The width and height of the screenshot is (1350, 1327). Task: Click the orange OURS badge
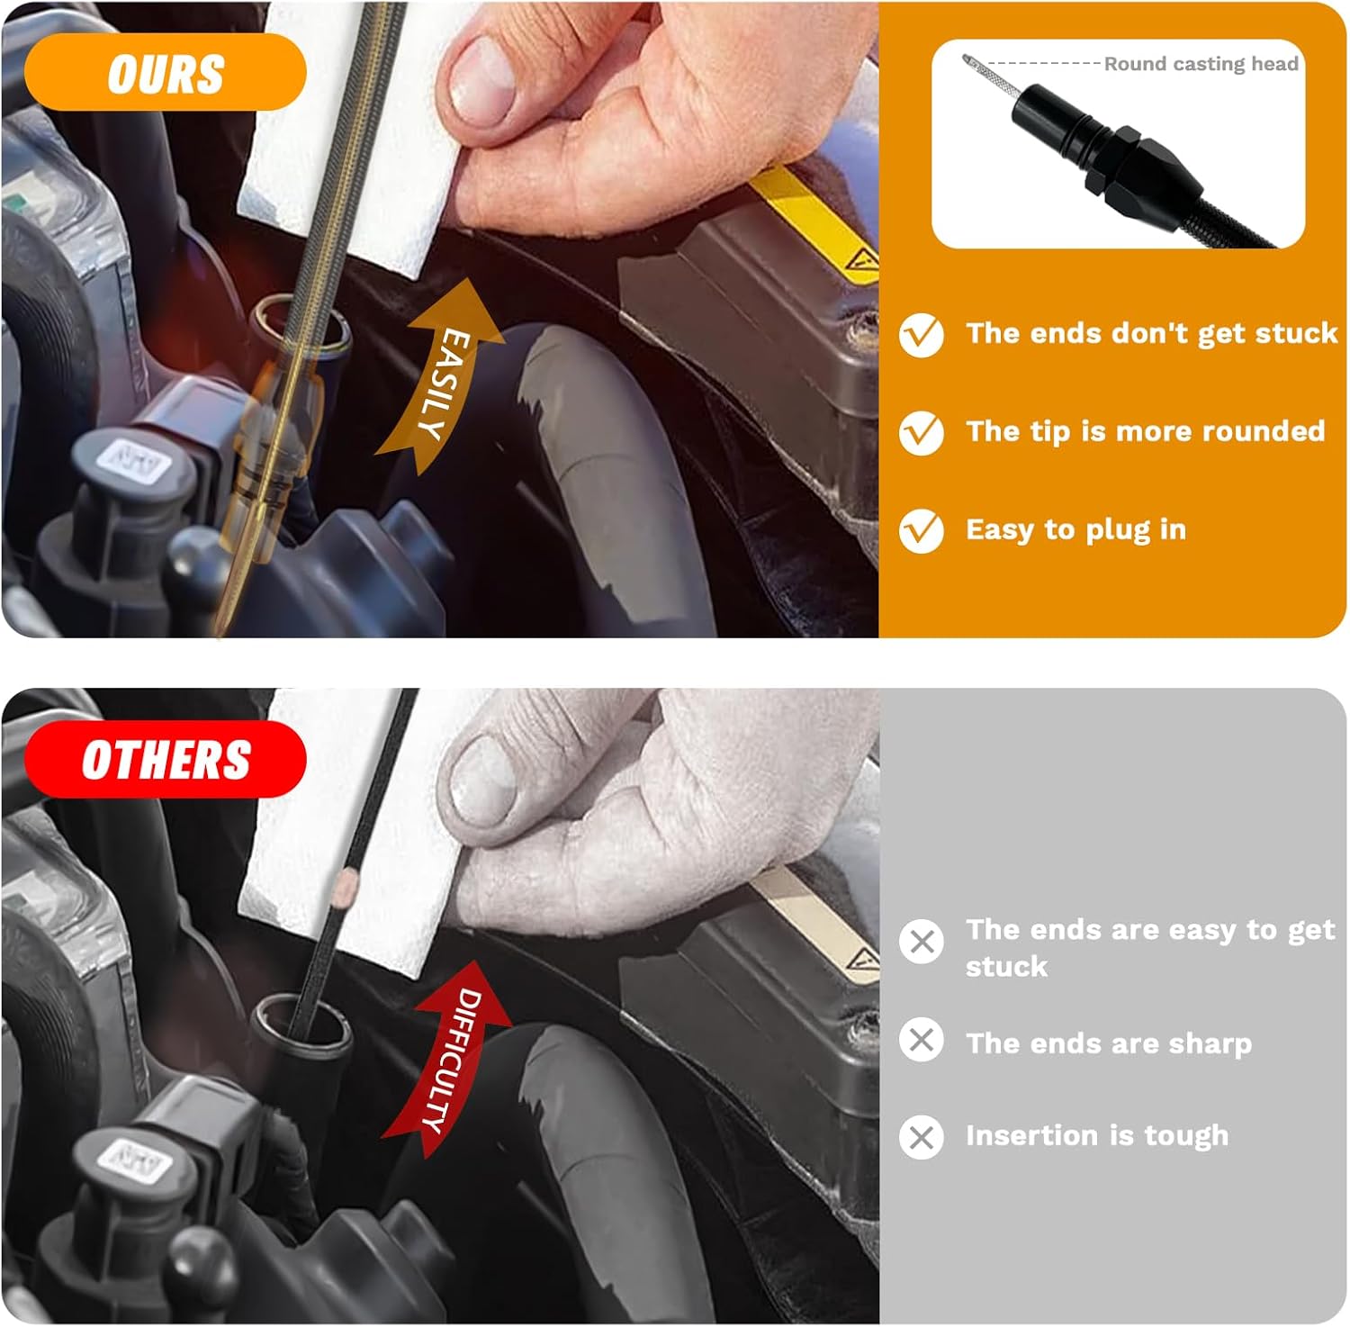pos(165,73)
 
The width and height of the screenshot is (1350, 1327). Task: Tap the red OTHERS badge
pos(165,760)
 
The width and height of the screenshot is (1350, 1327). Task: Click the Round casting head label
pos(1201,64)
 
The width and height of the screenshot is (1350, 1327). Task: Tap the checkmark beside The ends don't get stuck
pos(922,335)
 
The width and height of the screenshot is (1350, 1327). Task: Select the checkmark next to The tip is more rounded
pos(922,432)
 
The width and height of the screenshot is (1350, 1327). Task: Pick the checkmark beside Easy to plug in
pos(922,530)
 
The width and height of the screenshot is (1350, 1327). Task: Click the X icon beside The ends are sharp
pos(922,1040)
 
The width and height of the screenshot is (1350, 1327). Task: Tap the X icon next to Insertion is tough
pos(922,1137)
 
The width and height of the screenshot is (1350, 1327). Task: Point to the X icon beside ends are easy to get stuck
pos(922,942)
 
